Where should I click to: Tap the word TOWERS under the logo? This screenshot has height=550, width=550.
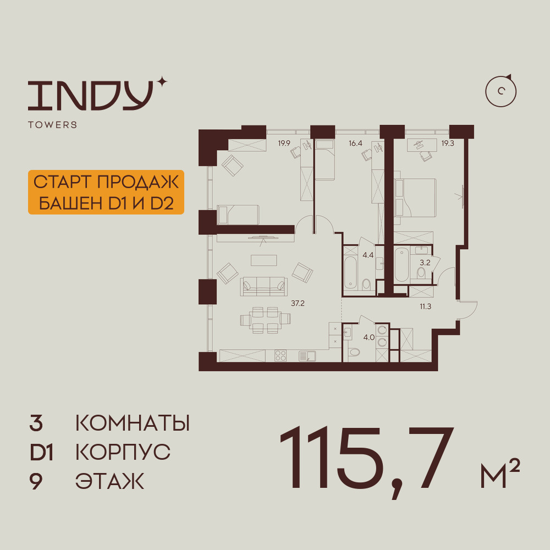click(53, 125)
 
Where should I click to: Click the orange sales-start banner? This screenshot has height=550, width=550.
click(106, 192)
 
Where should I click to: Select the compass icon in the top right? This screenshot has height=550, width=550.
click(501, 91)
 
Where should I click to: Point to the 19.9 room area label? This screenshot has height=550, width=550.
click(284, 143)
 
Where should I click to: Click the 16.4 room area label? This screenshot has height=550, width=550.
click(355, 143)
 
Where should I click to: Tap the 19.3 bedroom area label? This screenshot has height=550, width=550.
click(448, 143)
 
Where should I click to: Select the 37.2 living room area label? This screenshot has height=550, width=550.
click(298, 304)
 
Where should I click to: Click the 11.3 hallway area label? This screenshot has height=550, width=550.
click(426, 306)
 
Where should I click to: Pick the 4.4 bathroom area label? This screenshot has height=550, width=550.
click(368, 255)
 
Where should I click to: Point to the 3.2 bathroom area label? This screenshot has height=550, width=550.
click(425, 262)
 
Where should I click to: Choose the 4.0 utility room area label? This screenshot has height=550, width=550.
click(369, 338)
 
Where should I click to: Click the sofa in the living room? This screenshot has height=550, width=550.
click(264, 287)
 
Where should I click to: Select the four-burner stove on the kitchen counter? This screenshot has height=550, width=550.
click(280, 356)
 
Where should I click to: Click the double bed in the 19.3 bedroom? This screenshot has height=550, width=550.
click(415, 198)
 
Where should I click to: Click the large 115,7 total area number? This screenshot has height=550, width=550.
click(367, 460)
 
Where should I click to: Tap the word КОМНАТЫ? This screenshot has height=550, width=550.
click(133, 423)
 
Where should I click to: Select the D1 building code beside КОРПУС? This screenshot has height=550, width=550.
click(41, 452)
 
